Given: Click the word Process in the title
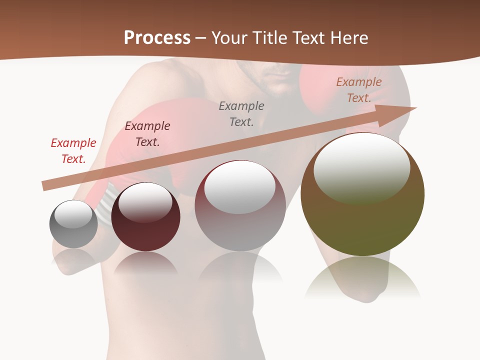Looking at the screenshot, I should click(x=157, y=38).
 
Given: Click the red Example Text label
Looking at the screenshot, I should click(x=73, y=151).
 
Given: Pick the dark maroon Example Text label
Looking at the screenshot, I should click(x=147, y=134).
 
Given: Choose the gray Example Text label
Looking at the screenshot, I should click(x=241, y=113).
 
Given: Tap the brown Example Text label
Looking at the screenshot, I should click(x=359, y=90).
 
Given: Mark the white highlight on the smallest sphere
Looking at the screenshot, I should click(x=73, y=214).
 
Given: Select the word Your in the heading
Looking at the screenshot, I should click(x=230, y=38).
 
